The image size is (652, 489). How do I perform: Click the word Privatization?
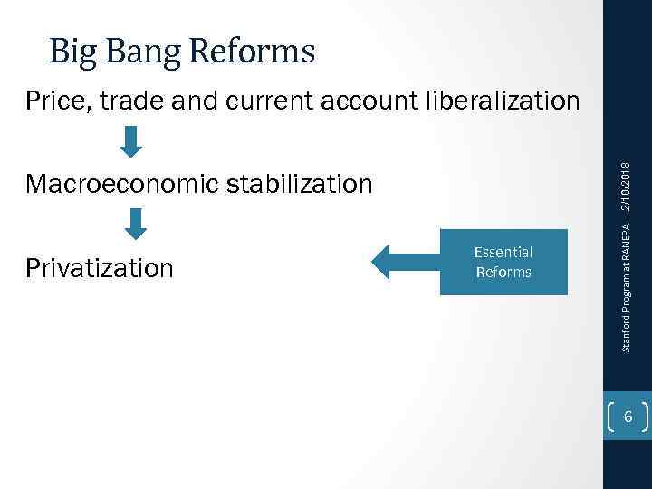click(x=100, y=268)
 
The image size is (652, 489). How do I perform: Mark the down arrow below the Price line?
click(x=132, y=140)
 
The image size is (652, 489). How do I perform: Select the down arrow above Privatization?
click(x=135, y=223)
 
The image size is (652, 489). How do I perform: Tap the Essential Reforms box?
click(x=503, y=262)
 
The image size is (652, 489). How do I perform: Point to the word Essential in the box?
click(x=503, y=253)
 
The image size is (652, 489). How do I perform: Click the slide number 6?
click(x=628, y=417)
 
